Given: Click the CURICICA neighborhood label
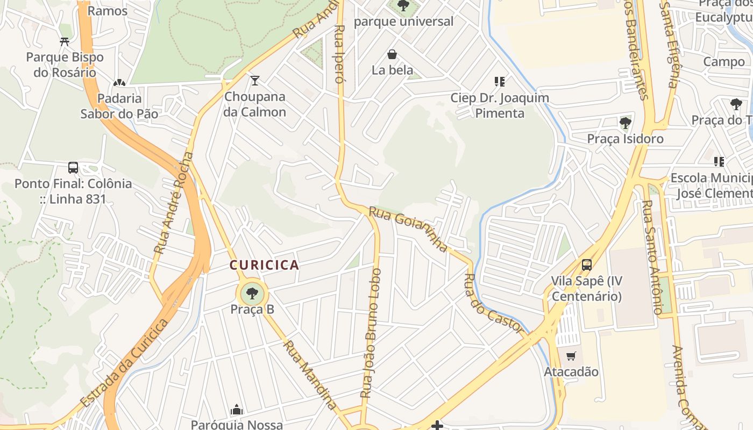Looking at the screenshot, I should click(x=264, y=265).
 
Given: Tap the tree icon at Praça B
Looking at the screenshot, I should click(x=252, y=293).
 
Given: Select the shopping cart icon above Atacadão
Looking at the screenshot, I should click(x=571, y=356).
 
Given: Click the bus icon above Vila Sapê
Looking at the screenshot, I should click(x=586, y=265).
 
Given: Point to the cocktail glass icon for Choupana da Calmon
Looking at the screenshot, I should click(x=255, y=81).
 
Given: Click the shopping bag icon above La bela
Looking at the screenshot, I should click(x=392, y=54).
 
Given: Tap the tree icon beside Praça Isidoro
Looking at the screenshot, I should click(x=625, y=123).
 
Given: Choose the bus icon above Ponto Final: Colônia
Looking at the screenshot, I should click(x=73, y=168).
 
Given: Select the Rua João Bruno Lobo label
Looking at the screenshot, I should click(x=372, y=333).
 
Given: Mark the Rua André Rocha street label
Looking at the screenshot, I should click(x=173, y=203).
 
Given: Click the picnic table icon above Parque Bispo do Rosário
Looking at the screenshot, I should click(x=65, y=41).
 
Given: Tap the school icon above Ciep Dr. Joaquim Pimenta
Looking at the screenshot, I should click(x=500, y=82).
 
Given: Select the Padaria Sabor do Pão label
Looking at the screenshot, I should click(x=119, y=106).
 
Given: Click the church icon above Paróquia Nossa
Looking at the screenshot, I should click(x=237, y=410).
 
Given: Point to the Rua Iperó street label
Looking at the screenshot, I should click(x=339, y=54).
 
